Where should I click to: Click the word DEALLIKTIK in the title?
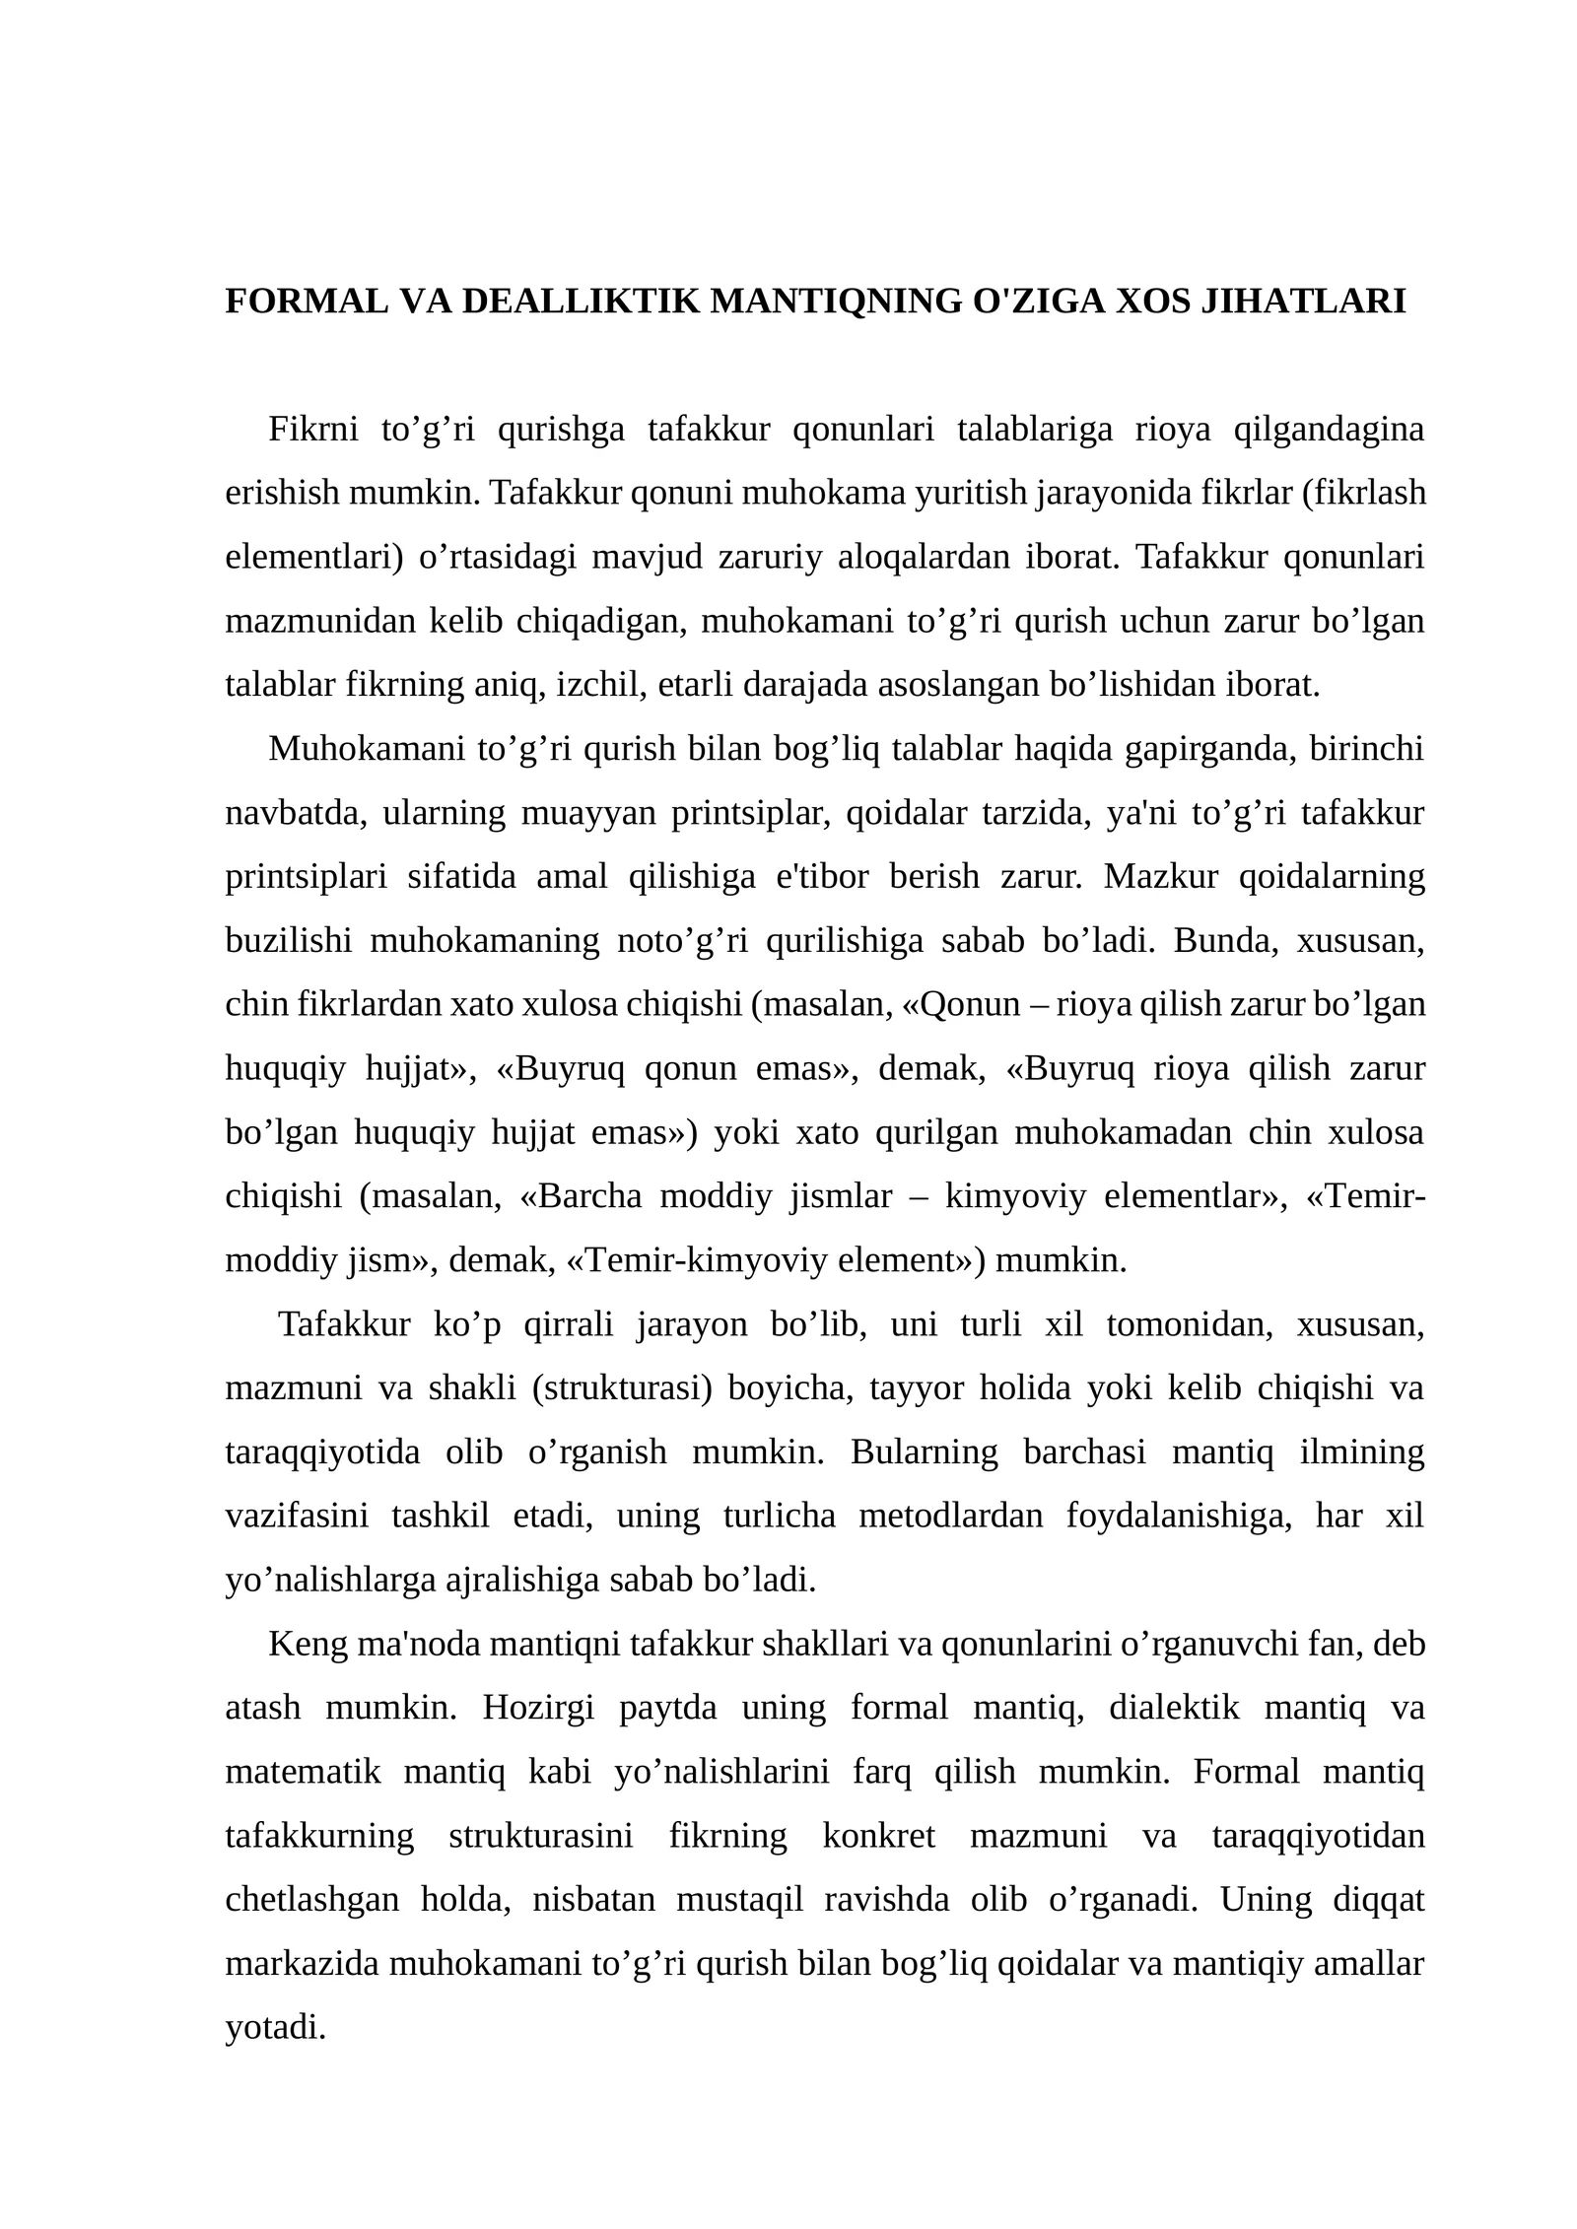tap(581, 302)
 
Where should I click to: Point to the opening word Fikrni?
tap(313, 431)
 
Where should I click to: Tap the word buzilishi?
tap(288, 940)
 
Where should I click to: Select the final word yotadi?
tap(275, 2027)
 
